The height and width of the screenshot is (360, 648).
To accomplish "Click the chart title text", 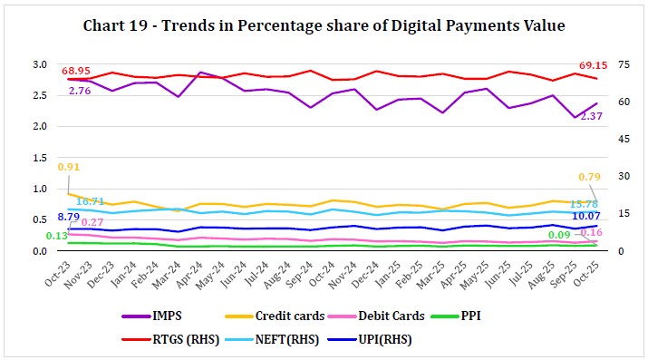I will (x=324, y=26).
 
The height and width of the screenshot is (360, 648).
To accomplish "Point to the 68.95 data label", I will (x=74, y=69).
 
